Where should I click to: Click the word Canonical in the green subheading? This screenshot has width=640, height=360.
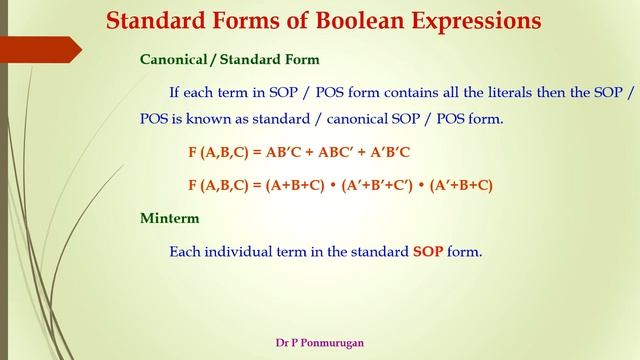click(x=172, y=60)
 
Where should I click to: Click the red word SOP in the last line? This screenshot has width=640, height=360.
click(x=428, y=252)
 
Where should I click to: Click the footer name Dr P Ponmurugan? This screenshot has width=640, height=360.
click(x=320, y=342)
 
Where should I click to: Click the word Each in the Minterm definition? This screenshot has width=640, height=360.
click(x=185, y=252)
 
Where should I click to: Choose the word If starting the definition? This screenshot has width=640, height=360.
click(x=174, y=93)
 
